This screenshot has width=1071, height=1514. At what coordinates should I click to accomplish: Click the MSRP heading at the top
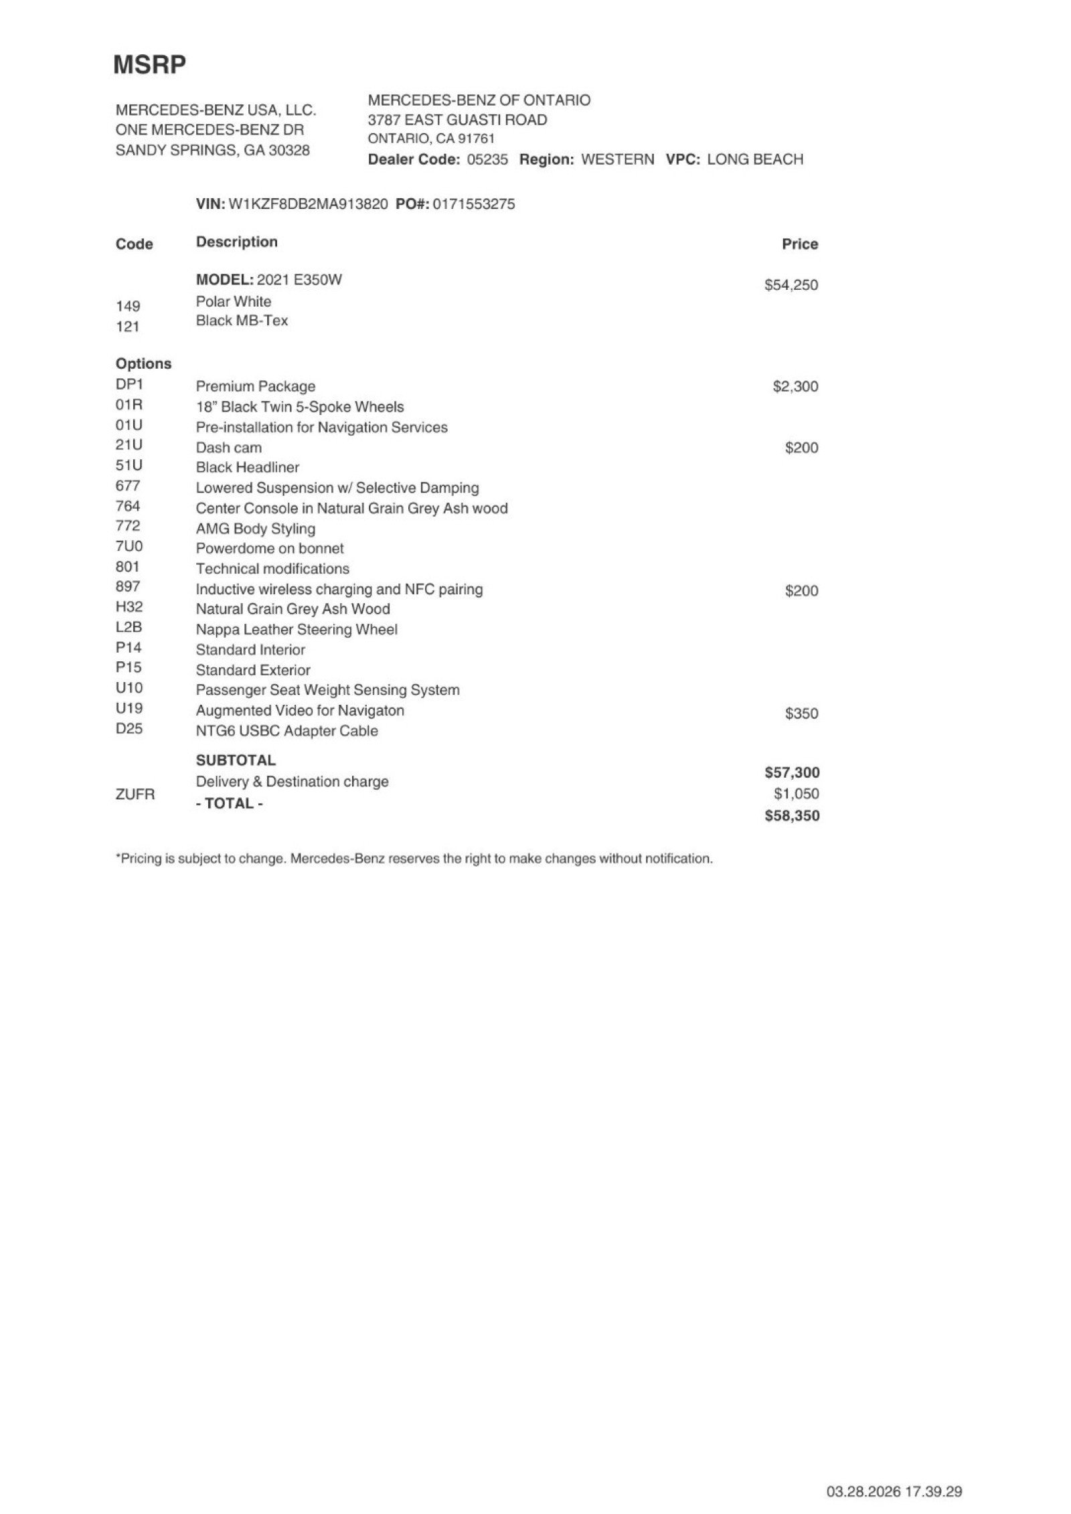(x=149, y=65)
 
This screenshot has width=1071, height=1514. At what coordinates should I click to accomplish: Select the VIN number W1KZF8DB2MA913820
(x=308, y=204)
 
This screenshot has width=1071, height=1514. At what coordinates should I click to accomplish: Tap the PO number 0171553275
(x=474, y=204)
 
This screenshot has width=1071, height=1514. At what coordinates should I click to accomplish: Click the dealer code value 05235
(x=487, y=159)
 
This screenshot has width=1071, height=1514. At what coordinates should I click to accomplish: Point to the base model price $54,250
(x=791, y=285)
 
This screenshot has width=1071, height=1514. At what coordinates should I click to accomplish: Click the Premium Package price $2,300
(x=795, y=387)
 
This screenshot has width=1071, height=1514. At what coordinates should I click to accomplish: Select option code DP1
(x=129, y=385)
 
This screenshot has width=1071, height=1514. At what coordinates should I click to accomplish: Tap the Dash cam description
(x=229, y=448)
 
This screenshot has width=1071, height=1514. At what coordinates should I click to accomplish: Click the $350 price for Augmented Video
(x=801, y=713)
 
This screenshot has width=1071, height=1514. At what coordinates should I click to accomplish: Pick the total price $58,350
(x=792, y=816)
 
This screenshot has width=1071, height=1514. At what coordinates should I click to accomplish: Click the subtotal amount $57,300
(x=792, y=772)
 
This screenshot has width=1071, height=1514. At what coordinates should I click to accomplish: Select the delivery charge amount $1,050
(x=796, y=794)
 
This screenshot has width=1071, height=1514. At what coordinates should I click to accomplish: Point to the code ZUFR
(x=135, y=794)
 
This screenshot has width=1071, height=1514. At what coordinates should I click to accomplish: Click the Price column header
(x=800, y=244)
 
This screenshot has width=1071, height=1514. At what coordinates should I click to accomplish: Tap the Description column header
(x=237, y=242)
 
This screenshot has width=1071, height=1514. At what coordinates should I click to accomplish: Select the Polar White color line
(x=234, y=301)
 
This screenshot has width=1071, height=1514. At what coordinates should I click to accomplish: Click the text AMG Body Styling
(x=256, y=529)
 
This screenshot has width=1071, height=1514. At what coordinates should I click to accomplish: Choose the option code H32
(x=129, y=607)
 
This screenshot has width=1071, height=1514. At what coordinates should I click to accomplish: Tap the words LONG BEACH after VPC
(x=754, y=159)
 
